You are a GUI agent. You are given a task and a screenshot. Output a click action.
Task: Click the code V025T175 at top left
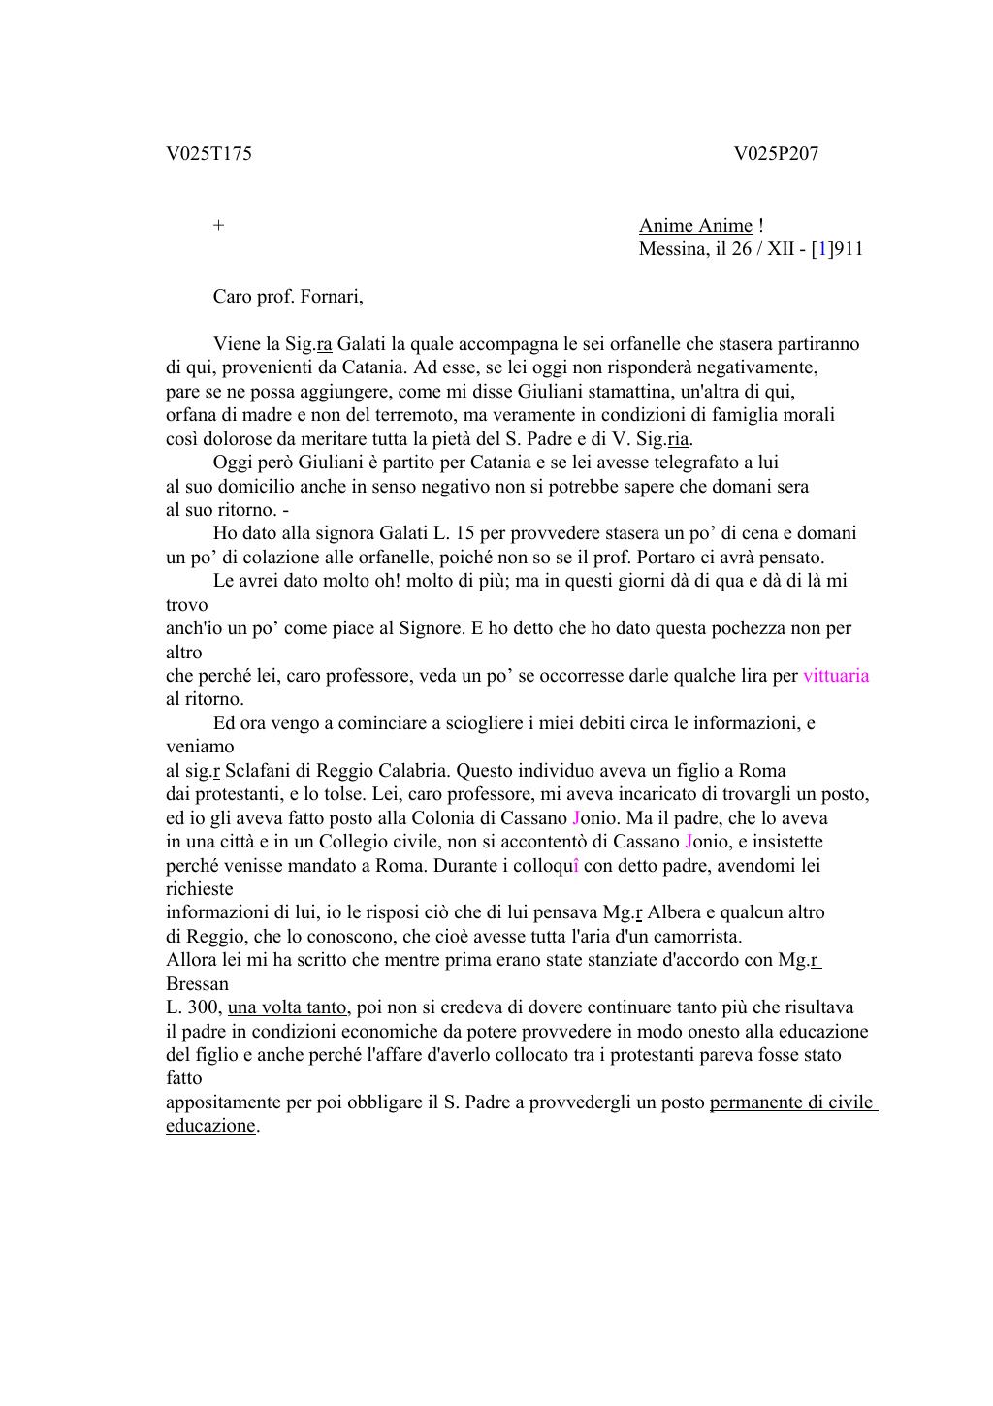(x=208, y=154)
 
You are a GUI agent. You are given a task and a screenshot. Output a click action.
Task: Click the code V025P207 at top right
(x=776, y=154)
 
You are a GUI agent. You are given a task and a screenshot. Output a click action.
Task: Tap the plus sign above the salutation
(x=219, y=226)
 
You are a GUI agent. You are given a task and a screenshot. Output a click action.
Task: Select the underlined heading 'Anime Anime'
(x=695, y=226)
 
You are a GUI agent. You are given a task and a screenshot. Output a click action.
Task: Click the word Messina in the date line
(x=669, y=249)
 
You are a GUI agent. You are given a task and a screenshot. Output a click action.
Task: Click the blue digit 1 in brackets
(x=822, y=249)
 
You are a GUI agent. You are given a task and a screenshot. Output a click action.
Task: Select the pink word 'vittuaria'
(x=836, y=676)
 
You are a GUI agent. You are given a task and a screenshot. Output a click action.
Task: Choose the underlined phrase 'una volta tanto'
(x=287, y=1007)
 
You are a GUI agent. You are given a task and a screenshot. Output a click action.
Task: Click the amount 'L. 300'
(x=193, y=1007)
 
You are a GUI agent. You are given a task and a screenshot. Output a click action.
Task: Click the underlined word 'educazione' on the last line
(x=210, y=1126)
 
